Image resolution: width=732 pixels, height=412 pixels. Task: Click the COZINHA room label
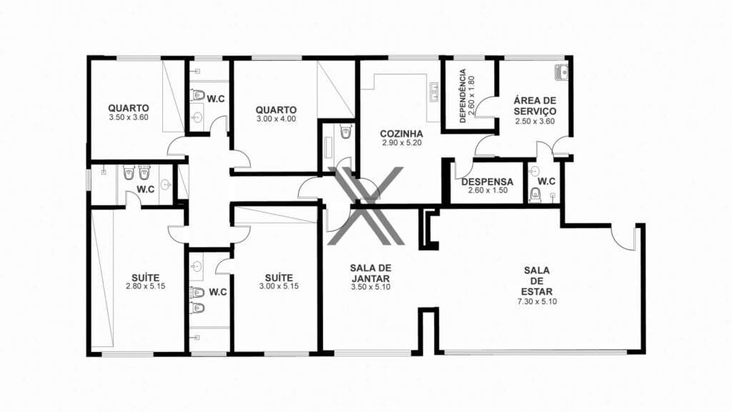[402, 134]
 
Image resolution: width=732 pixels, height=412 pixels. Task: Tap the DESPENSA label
[488, 182]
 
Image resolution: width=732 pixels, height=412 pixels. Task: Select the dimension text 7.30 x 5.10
[537, 302]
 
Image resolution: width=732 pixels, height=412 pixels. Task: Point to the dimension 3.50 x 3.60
[129, 118]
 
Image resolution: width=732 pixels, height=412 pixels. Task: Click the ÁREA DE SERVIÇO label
[535, 106]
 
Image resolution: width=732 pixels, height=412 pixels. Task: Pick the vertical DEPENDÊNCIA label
[463, 96]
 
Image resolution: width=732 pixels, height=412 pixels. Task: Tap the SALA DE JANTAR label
[371, 273]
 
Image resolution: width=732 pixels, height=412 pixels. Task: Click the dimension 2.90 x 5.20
[402, 143]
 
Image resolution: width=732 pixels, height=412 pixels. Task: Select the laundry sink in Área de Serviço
[560, 72]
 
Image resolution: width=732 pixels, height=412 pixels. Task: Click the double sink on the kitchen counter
[434, 92]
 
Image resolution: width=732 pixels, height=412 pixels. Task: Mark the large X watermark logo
[365, 206]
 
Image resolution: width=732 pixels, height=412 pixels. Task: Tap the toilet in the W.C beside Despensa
[535, 194]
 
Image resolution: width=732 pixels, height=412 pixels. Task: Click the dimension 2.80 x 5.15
[145, 286]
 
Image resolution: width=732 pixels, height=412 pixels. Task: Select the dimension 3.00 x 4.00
[276, 119]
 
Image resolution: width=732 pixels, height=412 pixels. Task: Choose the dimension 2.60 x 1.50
[488, 190]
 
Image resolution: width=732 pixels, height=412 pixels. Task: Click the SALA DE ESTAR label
[537, 280]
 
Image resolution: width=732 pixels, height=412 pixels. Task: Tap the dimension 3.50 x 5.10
[371, 288]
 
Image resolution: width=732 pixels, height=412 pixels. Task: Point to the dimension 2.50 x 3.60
[535, 122]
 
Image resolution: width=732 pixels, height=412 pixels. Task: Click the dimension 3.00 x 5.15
[279, 286]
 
